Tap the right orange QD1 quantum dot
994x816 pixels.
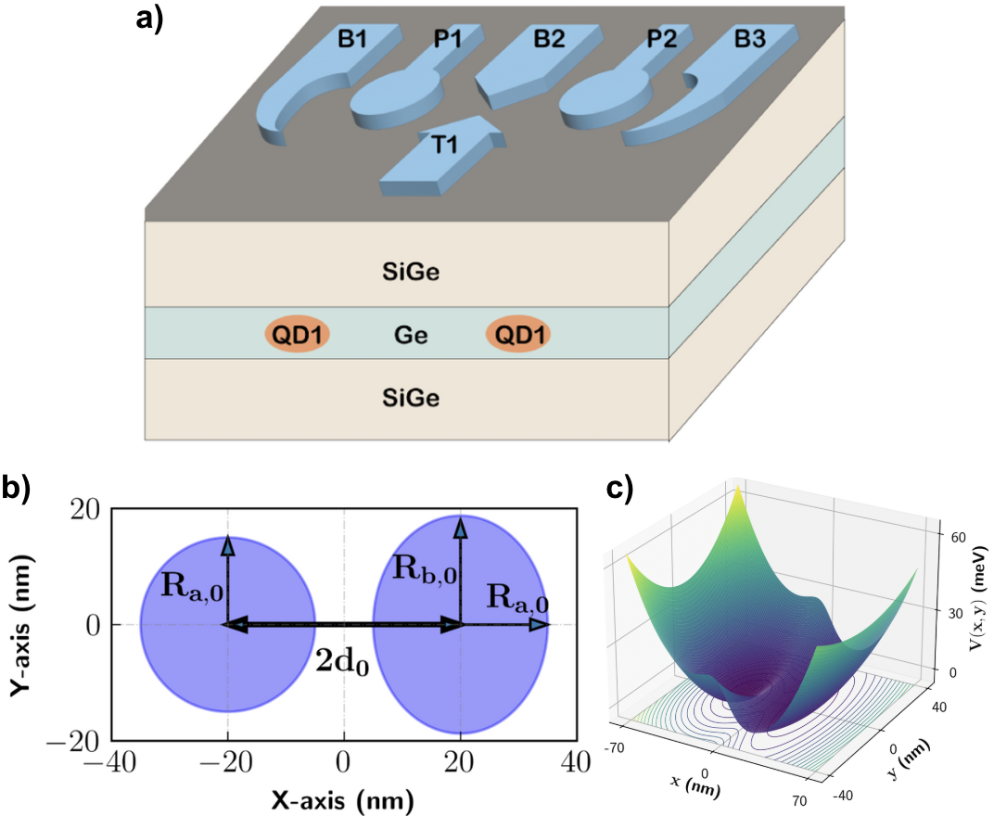(517, 334)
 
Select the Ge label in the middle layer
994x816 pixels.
(410, 334)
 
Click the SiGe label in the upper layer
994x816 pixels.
(408, 273)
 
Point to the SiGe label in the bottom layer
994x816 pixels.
(408, 399)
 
